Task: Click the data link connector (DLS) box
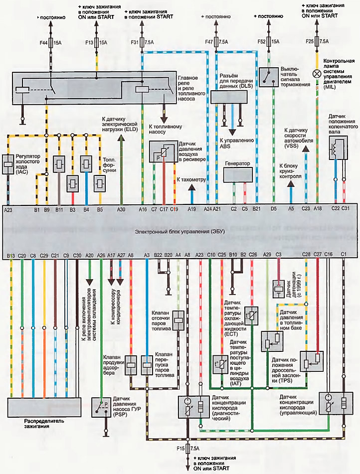pos(227,96)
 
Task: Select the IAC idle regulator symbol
pos(8,163)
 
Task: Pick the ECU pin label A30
pos(121,210)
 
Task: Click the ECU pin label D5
pos(274,210)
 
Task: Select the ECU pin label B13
pos(11,256)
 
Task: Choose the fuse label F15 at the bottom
pos(180,449)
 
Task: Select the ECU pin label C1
pos(344,255)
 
